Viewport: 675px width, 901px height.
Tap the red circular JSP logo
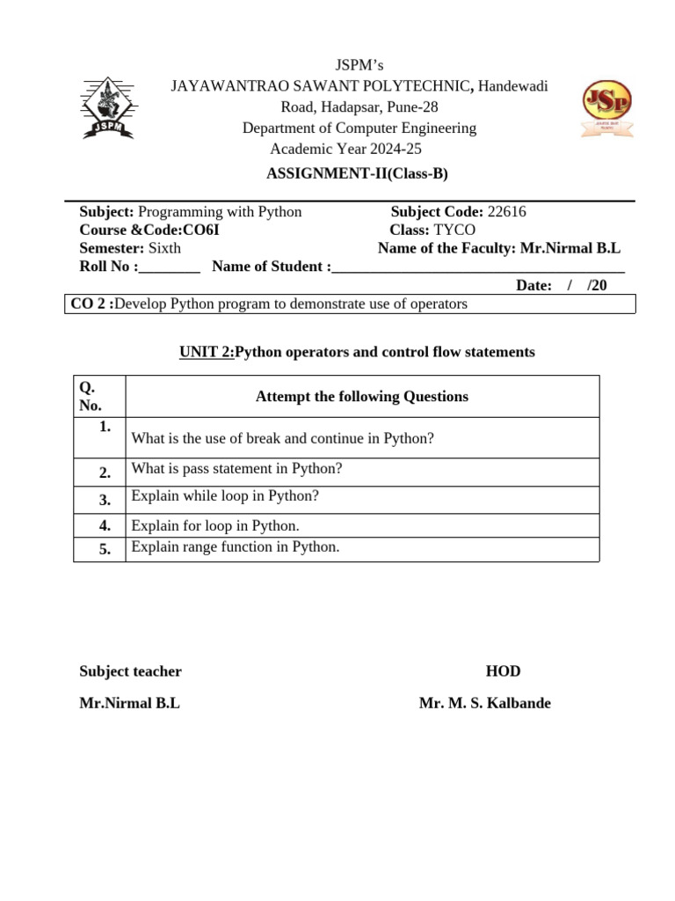606,108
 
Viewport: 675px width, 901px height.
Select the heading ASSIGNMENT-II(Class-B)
357,173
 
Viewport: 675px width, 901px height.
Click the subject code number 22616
507,212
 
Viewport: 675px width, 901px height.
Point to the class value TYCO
454,230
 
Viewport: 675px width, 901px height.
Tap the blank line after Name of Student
478,267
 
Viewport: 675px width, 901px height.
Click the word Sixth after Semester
164,248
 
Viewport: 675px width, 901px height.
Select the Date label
533,285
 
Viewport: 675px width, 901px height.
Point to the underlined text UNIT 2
206,352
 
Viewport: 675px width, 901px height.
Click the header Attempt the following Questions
362,397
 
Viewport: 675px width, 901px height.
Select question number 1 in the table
105,427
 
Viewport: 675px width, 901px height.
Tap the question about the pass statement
236,469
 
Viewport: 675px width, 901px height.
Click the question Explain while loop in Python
225,496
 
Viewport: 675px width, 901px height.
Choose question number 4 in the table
105,526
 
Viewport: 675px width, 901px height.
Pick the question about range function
235,547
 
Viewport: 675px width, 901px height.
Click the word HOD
503,671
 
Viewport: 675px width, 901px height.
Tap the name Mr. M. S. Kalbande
485,704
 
